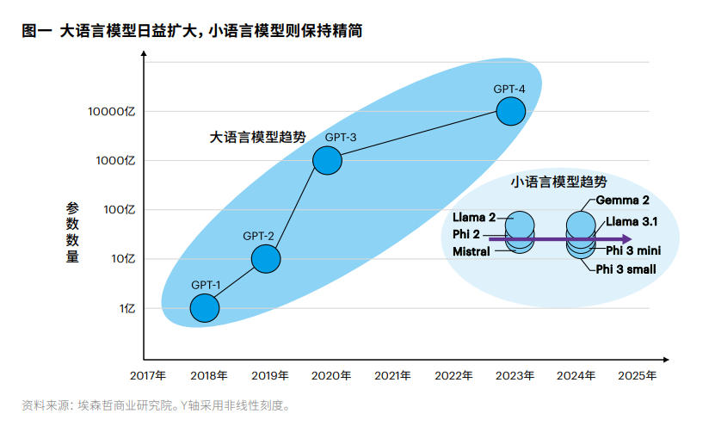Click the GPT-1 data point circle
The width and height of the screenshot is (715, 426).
click(204, 307)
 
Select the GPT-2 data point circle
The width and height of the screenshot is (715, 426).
click(266, 257)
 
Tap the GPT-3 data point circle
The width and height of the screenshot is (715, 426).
click(327, 160)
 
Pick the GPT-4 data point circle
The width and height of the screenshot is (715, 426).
click(511, 111)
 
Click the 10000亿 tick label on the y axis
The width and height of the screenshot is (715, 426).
click(112, 111)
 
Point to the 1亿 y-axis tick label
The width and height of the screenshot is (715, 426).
click(126, 308)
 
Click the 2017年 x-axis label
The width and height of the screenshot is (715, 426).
click(147, 376)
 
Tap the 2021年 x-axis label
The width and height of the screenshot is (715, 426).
click(392, 376)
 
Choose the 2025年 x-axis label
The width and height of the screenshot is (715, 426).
click(638, 376)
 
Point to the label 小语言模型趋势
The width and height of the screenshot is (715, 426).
click(558, 182)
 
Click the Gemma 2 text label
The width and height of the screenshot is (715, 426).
click(623, 201)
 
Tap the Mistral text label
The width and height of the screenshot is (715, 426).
click(471, 251)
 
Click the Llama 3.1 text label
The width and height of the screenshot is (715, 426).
click(632, 221)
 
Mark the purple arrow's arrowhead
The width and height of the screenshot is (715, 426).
click(629, 238)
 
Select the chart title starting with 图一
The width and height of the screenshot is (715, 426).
click(192, 31)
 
